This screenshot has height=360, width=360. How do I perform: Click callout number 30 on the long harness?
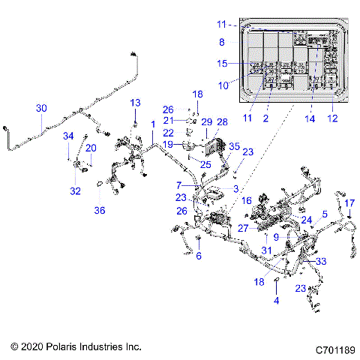tap(41, 109)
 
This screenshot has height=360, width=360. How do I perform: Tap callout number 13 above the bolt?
tap(136, 102)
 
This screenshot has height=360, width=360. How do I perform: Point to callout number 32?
tap(76, 191)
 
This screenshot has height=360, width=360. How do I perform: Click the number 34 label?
tap(69, 136)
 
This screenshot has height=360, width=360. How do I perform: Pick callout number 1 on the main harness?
tap(153, 124)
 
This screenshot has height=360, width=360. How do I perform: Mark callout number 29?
tap(205, 121)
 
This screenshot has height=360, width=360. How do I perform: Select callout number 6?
tap(199, 256)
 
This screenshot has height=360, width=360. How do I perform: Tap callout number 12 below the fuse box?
tap(332, 118)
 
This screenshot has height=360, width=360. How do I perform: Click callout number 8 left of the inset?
tap(221, 43)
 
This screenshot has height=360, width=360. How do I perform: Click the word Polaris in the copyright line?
tap(71, 347)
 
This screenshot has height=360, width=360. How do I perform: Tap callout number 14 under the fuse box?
tap(309, 118)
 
